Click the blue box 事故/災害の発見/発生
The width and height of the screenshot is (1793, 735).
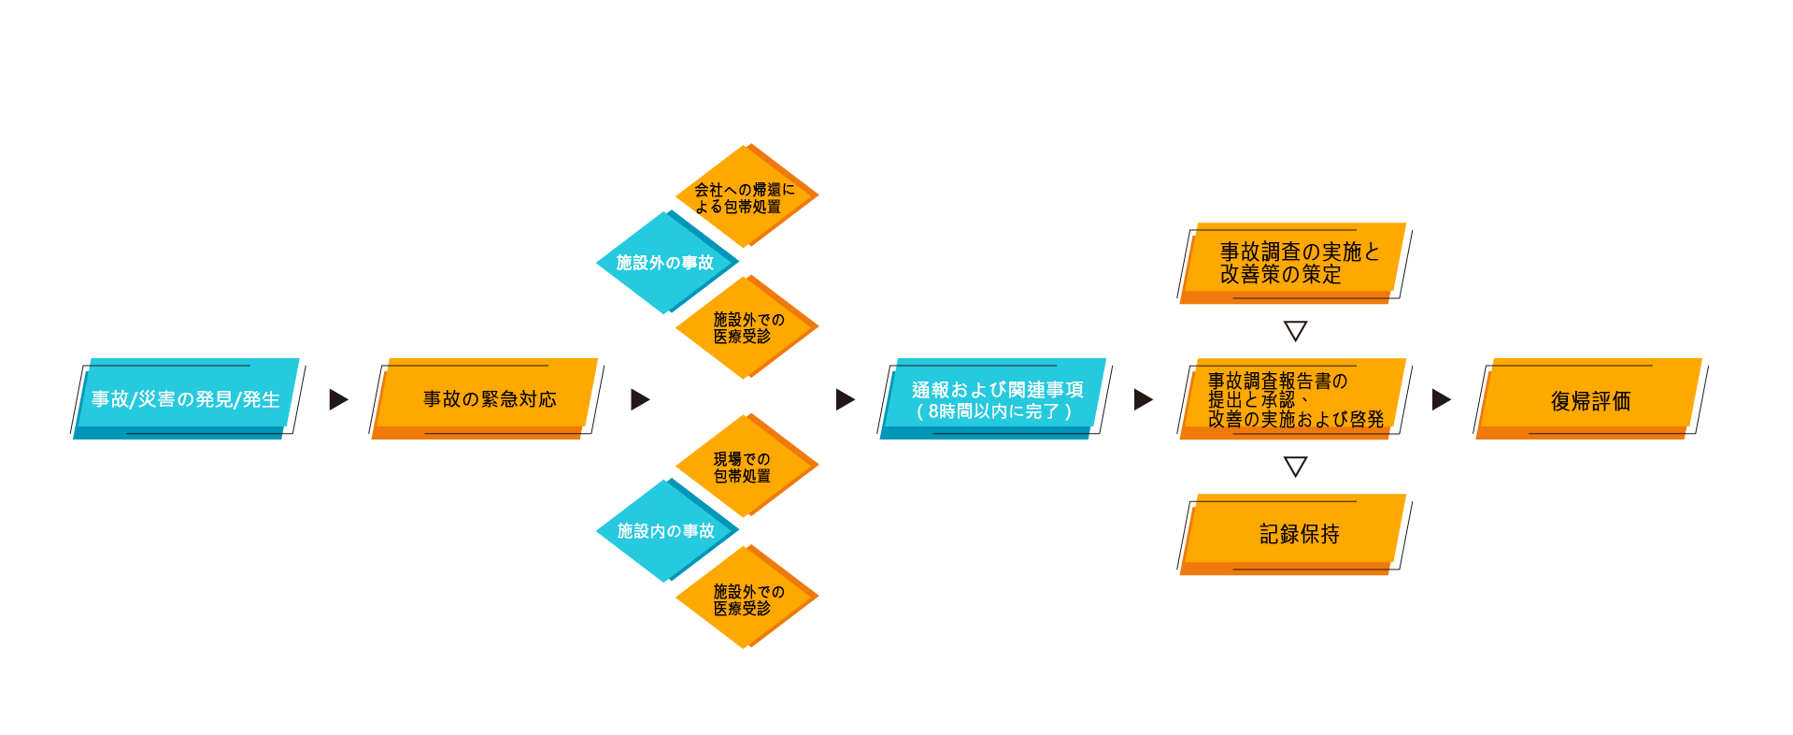click(x=187, y=398)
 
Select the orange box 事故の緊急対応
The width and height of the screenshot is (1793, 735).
click(x=487, y=398)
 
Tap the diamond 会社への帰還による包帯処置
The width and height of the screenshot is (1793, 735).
click(x=747, y=195)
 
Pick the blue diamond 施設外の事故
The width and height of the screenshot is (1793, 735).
click(x=667, y=263)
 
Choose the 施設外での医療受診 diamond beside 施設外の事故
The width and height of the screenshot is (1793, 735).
click(x=747, y=327)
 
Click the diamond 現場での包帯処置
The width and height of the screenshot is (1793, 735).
click(x=747, y=466)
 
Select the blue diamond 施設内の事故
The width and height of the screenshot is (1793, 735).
click(x=667, y=531)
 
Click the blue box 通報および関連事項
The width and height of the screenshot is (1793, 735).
click(x=994, y=398)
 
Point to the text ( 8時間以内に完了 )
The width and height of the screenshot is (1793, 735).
click(x=994, y=411)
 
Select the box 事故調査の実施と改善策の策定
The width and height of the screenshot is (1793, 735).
click(x=1294, y=263)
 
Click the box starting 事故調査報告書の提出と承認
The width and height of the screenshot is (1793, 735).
click(x=1294, y=398)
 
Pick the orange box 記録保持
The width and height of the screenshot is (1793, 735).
click(x=1294, y=534)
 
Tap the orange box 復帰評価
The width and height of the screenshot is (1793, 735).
click(x=1590, y=398)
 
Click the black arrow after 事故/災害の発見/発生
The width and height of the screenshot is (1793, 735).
click(x=338, y=399)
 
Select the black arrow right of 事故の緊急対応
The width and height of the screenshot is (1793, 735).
click(x=640, y=399)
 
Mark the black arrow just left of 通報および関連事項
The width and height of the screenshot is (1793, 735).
click(x=845, y=399)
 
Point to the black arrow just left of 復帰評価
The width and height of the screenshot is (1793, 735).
click(x=1441, y=399)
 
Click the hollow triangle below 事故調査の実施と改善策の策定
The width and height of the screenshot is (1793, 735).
click(x=1295, y=330)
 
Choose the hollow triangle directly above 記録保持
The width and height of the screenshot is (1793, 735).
click(x=1295, y=466)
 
